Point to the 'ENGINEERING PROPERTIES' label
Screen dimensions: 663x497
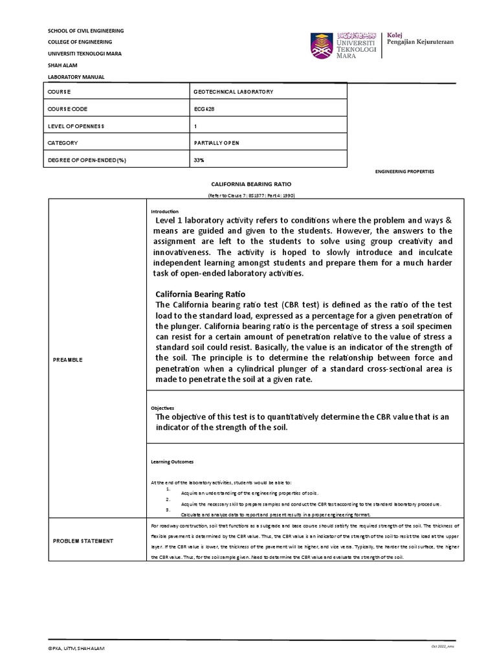point(404,172)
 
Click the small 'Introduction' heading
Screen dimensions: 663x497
point(164,212)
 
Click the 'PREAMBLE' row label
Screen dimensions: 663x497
point(67,359)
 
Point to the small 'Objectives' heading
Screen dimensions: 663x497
point(162,408)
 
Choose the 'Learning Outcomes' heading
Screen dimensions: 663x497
point(171,462)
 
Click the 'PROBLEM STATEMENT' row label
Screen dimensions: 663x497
point(83,541)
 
